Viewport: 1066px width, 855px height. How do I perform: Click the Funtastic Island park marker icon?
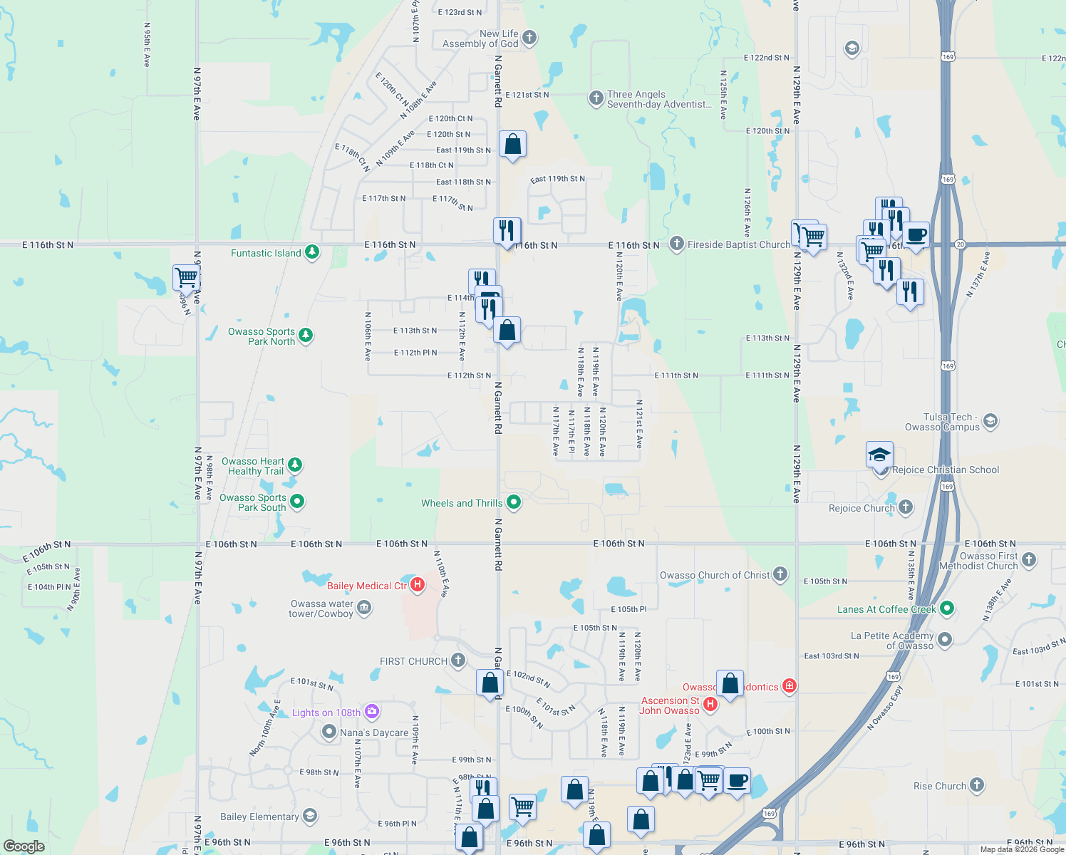pyautogui.click(x=312, y=252)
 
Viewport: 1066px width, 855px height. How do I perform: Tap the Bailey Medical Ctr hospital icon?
pyautogui.click(x=418, y=585)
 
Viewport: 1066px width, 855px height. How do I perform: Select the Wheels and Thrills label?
pyautogui.click(x=462, y=503)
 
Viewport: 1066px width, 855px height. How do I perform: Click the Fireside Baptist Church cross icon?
pyautogui.click(x=677, y=244)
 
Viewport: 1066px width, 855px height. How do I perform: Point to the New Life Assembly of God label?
pyautogui.click(x=481, y=38)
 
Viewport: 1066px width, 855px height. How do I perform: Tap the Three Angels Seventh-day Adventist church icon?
pyautogui.click(x=596, y=98)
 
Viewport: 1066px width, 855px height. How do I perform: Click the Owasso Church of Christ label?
pyautogui.click(x=715, y=575)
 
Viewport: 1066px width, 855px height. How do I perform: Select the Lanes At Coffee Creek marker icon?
pyautogui.click(x=947, y=608)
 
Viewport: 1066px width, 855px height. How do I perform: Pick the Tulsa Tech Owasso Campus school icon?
pyautogui.click(x=990, y=422)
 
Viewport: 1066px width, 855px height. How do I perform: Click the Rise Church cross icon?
pyautogui.click(x=977, y=785)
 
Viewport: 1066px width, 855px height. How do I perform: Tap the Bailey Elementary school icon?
pyautogui.click(x=310, y=816)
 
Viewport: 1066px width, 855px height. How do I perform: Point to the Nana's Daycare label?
pyautogui.click(x=374, y=732)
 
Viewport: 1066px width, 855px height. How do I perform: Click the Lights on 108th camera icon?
pyautogui.click(x=371, y=712)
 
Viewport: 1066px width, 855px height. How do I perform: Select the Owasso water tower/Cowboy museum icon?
pyautogui.click(x=364, y=608)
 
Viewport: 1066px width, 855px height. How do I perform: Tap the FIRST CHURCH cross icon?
pyautogui.click(x=458, y=660)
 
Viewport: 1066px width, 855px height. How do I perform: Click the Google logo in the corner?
pyautogui.click(x=24, y=846)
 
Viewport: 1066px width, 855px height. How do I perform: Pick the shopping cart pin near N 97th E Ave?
pyautogui.click(x=185, y=277)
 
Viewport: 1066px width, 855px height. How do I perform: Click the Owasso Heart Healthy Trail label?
pyautogui.click(x=253, y=466)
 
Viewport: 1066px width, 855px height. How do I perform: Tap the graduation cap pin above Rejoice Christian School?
pyautogui.click(x=879, y=455)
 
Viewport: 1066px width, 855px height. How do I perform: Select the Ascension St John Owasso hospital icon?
pyautogui.click(x=710, y=705)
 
